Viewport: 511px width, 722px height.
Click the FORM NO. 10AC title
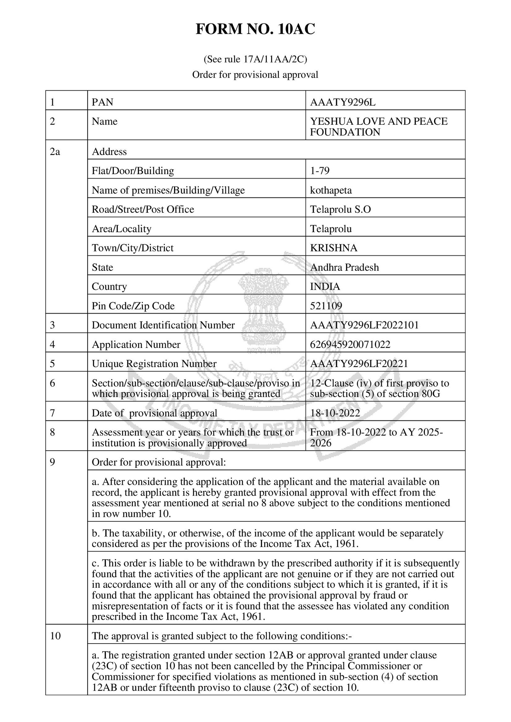pyautogui.click(x=255, y=29)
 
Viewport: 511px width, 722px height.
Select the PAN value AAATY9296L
pyautogui.click(x=343, y=102)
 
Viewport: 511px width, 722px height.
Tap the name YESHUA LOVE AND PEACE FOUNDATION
pyautogui.click(x=378, y=127)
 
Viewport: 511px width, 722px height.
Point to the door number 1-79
pyautogui.click(x=320, y=171)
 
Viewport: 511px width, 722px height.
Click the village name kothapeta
pyautogui.click(x=331, y=190)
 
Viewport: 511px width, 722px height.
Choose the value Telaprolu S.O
pyautogui.click(x=340, y=210)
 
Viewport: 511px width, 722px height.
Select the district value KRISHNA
pyautogui.click(x=334, y=248)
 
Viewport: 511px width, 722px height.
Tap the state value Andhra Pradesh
pyautogui.click(x=344, y=267)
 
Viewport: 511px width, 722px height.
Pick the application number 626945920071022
pyautogui.click(x=350, y=344)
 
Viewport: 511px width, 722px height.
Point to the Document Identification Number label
pyautogui.click(x=163, y=325)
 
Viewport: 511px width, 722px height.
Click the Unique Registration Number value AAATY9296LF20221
pyautogui.click(x=359, y=364)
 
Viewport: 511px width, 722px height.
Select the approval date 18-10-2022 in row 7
pyautogui.click(x=335, y=413)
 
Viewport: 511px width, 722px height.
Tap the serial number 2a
pyautogui.click(x=55, y=152)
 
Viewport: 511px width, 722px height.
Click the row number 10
pyautogui.click(x=55, y=636)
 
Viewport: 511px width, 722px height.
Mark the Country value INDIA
pyautogui.click(x=325, y=287)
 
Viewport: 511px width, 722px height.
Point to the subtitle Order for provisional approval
pyautogui.click(x=255, y=75)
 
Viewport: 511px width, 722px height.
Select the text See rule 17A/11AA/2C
pyautogui.click(x=255, y=59)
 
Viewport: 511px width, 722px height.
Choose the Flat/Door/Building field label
pyautogui.click(x=133, y=171)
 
